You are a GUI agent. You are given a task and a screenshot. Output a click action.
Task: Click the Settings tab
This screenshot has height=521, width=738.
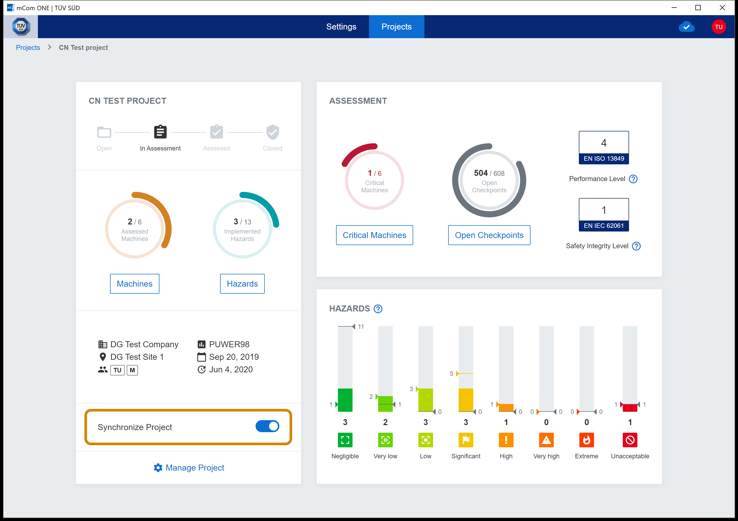(x=341, y=27)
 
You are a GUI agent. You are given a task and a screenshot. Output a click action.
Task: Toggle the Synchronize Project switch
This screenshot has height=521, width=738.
(x=267, y=426)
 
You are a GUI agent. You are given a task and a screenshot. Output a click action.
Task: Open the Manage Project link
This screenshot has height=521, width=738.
(x=189, y=468)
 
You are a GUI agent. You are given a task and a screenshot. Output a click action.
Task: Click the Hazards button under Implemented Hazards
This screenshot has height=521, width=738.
(x=242, y=284)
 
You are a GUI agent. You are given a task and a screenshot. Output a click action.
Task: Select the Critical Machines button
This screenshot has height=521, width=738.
(x=374, y=235)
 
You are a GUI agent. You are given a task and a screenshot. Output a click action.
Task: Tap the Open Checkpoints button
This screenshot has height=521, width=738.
(x=489, y=235)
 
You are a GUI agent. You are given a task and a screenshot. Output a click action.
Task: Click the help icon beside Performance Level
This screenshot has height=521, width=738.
(x=633, y=179)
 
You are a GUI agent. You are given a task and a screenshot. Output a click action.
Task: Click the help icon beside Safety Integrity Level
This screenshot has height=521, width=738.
(x=636, y=246)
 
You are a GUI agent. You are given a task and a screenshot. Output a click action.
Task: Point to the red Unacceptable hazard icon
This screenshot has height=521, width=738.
(x=630, y=440)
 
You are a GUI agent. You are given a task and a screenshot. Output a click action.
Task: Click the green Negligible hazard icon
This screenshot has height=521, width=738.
(x=345, y=440)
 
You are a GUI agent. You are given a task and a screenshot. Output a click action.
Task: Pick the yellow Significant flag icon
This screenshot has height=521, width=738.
(x=466, y=440)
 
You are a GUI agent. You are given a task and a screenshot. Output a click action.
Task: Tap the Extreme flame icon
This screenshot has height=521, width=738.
(x=586, y=440)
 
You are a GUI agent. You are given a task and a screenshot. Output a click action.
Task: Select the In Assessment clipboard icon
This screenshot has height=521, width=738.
(x=160, y=132)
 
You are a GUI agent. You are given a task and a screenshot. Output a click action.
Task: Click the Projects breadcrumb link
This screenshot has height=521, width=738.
(x=28, y=48)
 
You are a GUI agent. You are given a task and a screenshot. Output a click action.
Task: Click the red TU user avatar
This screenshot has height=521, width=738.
(x=719, y=27)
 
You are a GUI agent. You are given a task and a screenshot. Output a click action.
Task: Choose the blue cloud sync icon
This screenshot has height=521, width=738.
(x=687, y=27)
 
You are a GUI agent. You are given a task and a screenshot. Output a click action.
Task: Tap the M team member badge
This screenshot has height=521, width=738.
(x=132, y=370)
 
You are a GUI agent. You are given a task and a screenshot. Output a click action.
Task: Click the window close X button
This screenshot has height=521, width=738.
(x=722, y=8)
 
